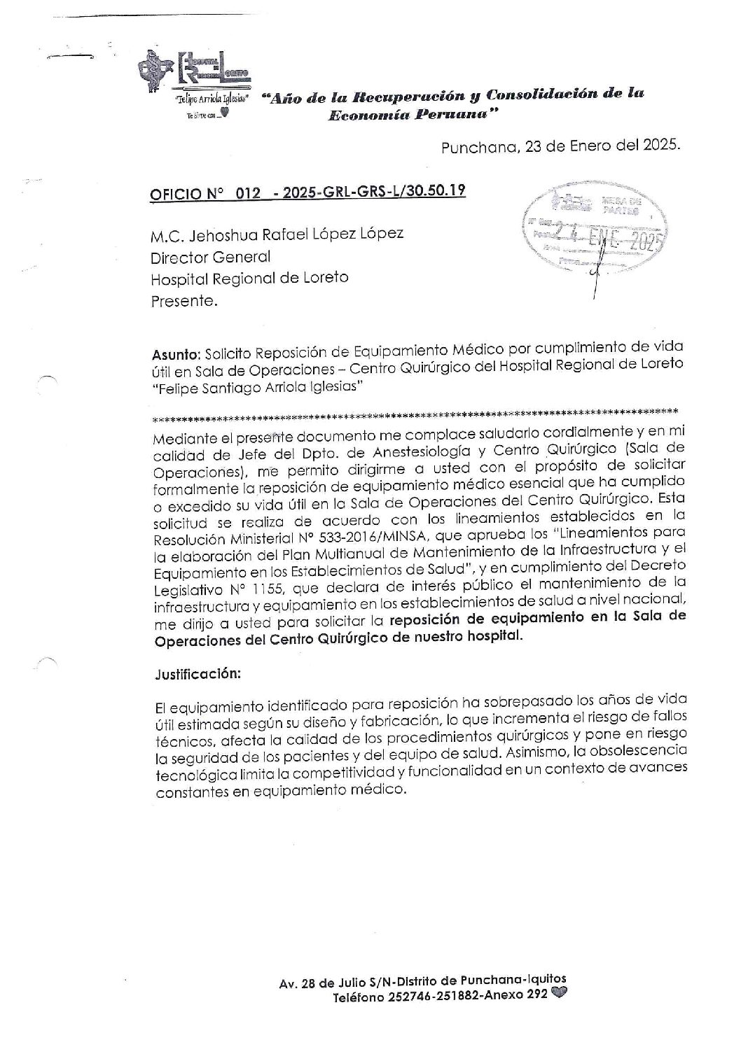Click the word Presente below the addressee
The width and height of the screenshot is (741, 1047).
point(183,302)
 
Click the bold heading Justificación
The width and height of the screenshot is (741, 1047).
point(198,675)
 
